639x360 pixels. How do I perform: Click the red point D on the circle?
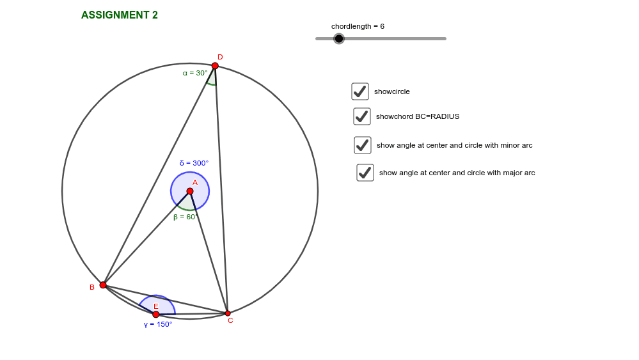click(215, 66)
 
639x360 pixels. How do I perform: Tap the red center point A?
click(190, 191)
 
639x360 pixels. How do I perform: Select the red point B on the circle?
click(103, 285)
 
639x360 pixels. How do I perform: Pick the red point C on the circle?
click(228, 313)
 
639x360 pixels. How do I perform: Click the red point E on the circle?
click(156, 314)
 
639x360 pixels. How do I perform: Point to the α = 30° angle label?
click(195, 73)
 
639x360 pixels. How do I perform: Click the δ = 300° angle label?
click(194, 163)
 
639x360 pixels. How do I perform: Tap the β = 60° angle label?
click(184, 217)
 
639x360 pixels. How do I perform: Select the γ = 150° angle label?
click(158, 324)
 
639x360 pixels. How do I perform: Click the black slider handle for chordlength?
click(339, 38)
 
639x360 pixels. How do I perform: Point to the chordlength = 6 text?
click(358, 26)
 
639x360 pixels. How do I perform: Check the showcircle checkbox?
click(360, 91)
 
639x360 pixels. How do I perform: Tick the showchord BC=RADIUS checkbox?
click(362, 116)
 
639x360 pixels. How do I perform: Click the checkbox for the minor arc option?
click(363, 145)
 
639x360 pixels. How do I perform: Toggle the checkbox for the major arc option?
click(365, 173)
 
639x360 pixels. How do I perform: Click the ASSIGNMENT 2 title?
click(119, 15)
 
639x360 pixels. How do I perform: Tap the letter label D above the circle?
click(220, 57)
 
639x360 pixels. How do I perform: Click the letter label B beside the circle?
click(92, 287)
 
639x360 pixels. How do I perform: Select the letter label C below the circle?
click(230, 320)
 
